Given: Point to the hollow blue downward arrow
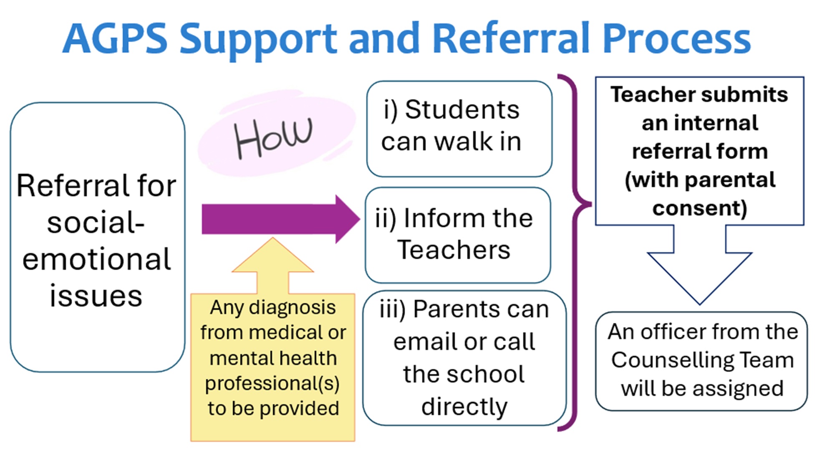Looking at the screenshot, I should pyautogui.click(x=700, y=271).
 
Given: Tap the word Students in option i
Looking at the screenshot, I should pyautogui.click(x=462, y=110).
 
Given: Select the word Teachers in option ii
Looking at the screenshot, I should pyautogui.click(x=454, y=250).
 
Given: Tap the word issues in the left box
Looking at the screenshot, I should pyautogui.click(x=96, y=296).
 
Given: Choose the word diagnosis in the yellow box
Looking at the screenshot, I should pyautogui.click(x=292, y=308).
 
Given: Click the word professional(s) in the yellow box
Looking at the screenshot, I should pyautogui.click(x=272, y=384).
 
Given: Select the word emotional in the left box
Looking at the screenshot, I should pyautogui.click(x=96, y=259).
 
